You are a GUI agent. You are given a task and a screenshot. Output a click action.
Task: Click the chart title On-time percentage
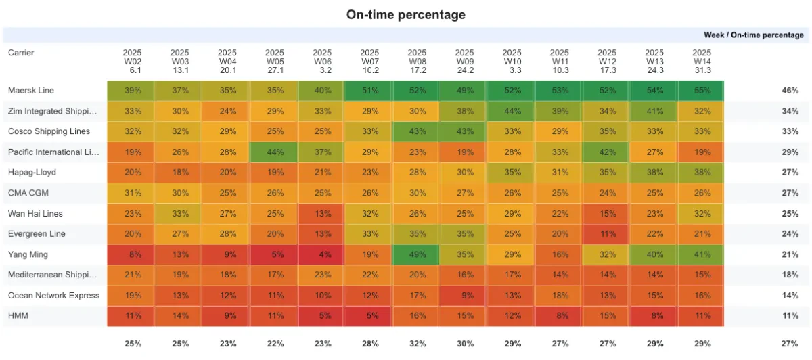coord(405,14)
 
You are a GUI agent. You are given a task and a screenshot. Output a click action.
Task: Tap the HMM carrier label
coord(18,316)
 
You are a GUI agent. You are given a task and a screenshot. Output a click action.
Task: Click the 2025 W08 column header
coord(417,61)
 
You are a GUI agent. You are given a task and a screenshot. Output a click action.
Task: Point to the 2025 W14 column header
coord(702,61)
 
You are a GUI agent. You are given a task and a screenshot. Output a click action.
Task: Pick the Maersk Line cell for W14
coord(702,91)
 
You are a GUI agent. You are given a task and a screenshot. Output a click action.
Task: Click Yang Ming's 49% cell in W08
coord(417,255)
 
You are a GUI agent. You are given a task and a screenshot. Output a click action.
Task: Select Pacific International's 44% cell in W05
coord(275,152)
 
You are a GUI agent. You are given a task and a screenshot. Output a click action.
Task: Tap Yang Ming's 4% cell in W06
coord(322,255)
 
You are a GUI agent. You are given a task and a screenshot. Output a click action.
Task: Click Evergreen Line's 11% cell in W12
coord(607,234)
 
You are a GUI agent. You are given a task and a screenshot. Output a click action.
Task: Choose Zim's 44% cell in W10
coord(512,111)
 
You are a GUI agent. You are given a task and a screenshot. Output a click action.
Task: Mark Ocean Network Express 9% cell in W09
coord(465,296)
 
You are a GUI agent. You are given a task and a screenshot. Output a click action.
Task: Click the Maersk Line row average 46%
coord(790,91)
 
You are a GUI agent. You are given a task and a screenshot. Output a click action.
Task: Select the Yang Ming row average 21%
coord(790,255)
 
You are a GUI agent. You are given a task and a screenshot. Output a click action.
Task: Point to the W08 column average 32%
coord(417,344)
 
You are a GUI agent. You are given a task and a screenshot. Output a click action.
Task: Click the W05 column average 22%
coord(275,344)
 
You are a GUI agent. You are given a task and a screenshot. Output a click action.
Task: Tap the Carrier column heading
coord(21,53)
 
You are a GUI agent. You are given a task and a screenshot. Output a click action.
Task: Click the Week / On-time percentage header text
coord(754,35)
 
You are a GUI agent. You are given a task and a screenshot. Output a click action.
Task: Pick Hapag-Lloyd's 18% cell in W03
coord(180,173)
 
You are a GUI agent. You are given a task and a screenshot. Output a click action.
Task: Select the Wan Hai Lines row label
coord(35,214)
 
